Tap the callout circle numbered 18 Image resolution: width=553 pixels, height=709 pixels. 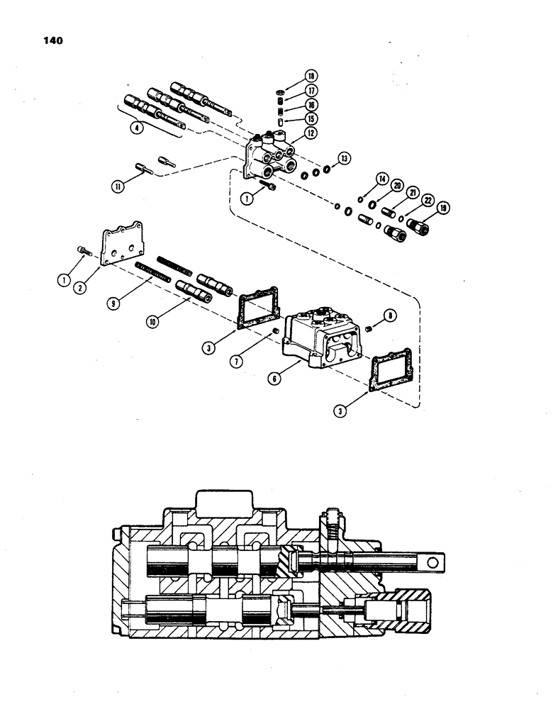[x=311, y=76]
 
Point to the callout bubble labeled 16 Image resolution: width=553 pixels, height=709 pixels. [x=311, y=104]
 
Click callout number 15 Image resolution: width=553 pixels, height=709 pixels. [x=311, y=118]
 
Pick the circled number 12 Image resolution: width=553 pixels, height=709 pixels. [x=311, y=133]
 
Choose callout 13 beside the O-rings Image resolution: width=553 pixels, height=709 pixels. [x=345, y=158]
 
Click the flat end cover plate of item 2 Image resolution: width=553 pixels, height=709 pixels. [x=125, y=244]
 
